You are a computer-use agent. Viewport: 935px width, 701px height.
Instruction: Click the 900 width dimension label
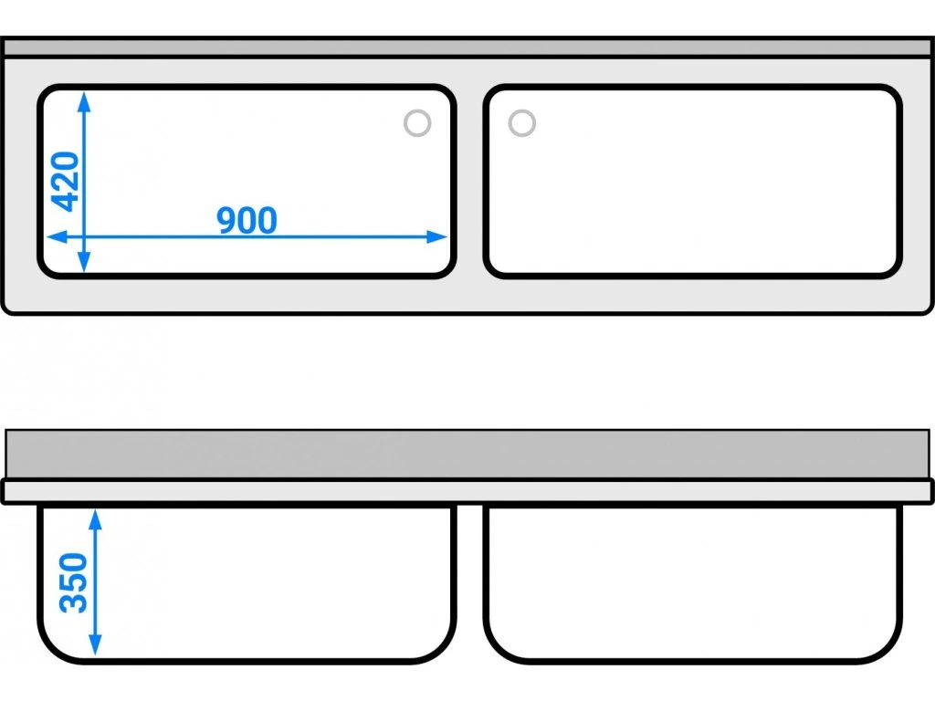click(x=247, y=220)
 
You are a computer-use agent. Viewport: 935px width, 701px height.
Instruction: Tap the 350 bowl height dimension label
click(x=73, y=582)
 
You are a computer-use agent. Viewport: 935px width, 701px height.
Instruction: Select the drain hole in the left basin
click(x=417, y=123)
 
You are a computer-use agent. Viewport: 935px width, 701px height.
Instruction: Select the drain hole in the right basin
click(x=521, y=123)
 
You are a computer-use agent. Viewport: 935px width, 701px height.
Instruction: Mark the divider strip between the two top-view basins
click(x=469, y=183)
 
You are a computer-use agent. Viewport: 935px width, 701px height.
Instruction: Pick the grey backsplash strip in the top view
click(x=467, y=47)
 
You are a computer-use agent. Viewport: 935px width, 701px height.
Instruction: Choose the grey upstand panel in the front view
click(x=467, y=454)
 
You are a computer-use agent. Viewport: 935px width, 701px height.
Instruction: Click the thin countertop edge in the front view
click(x=467, y=491)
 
